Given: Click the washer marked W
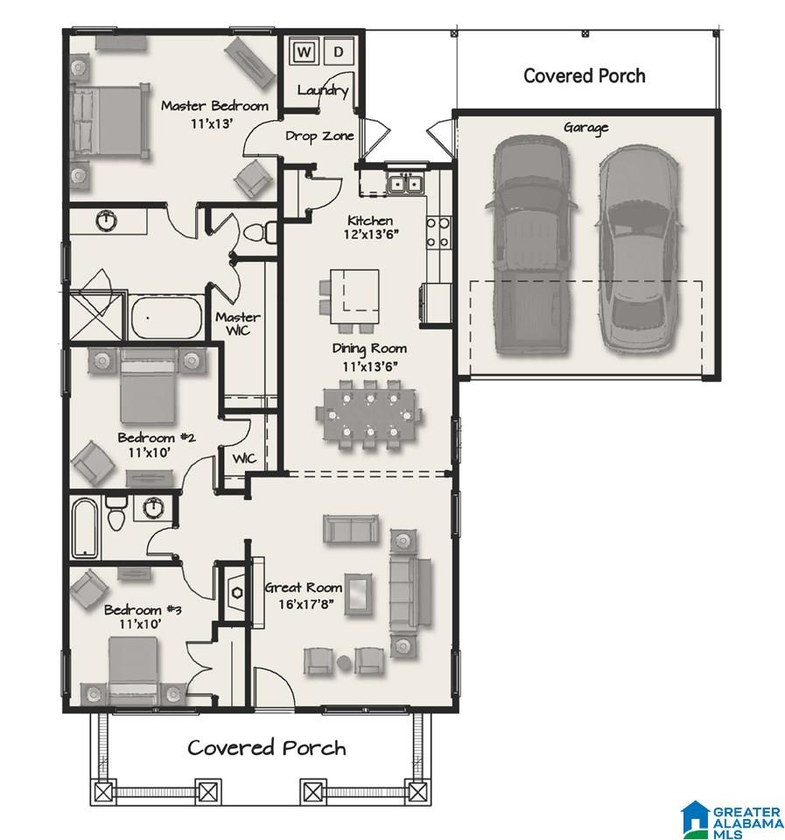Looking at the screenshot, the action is pyautogui.click(x=304, y=52).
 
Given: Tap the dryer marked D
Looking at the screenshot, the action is pyautogui.click(x=338, y=52).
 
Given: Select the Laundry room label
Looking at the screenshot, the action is pyautogui.click(x=323, y=90).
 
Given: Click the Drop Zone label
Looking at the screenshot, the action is pyautogui.click(x=319, y=136).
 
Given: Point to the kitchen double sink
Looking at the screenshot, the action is pyautogui.click(x=406, y=183).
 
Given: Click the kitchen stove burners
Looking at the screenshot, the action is pyautogui.click(x=438, y=233).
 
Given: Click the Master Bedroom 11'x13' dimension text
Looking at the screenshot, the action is pyautogui.click(x=212, y=124).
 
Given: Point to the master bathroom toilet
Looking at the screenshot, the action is pyautogui.click(x=261, y=233).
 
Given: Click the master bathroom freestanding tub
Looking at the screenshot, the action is pyautogui.click(x=166, y=317).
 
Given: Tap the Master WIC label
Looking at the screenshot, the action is pyautogui.click(x=238, y=323).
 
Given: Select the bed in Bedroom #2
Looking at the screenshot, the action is pyautogui.click(x=148, y=387).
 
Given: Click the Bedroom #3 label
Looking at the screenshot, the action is pyautogui.click(x=143, y=610).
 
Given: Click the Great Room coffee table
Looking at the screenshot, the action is pyautogui.click(x=359, y=594).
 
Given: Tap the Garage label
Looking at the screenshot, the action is pyautogui.click(x=586, y=128).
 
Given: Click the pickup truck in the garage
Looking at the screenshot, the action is pyautogui.click(x=530, y=245).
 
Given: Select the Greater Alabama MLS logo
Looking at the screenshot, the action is pyautogui.click(x=731, y=819).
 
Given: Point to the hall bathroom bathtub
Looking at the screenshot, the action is pyautogui.click(x=85, y=527).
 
